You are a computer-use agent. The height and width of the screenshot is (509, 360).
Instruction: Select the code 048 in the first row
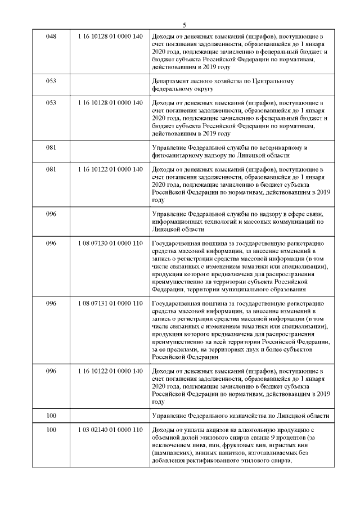(51, 36)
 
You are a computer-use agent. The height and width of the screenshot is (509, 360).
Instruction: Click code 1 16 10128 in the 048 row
(111, 36)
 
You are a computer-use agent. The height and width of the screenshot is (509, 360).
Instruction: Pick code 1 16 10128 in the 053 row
(111, 103)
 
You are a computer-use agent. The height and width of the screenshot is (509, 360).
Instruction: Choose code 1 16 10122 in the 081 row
(111, 169)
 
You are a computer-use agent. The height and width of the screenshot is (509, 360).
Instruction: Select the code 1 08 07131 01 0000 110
(111, 303)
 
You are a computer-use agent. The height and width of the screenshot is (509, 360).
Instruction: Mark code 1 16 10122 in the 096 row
(111, 371)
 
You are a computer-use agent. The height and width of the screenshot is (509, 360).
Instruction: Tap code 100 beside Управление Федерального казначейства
(51, 416)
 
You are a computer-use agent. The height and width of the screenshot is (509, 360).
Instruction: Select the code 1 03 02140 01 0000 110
(111, 430)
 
